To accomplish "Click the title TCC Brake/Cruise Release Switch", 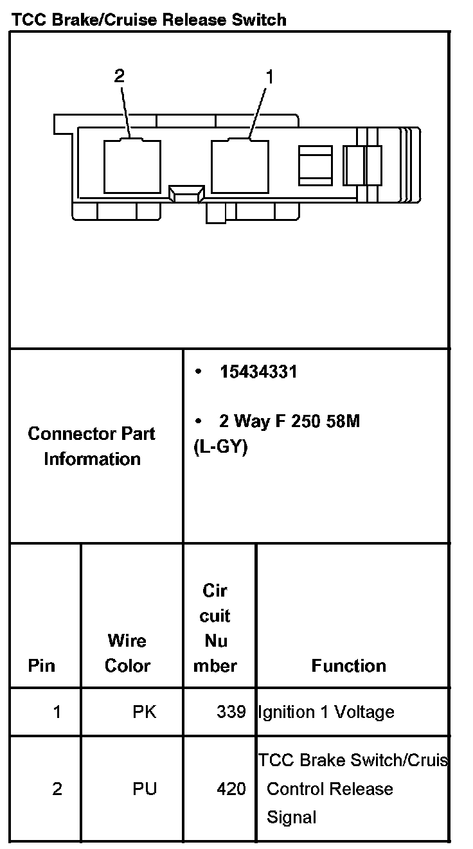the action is pyautogui.click(x=148, y=20).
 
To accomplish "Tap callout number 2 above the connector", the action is pyautogui.click(x=119, y=76).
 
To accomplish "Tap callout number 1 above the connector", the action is pyautogui.click(x=269, y=77).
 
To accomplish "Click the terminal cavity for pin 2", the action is pyautogui.click(x=132, y=166).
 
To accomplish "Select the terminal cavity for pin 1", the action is pyautogui.click(x=240, y=166).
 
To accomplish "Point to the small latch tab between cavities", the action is pyautogui.click(x=186, y=193).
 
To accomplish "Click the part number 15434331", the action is pyautogui.click(x=258, y=372).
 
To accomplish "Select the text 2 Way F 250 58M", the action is pyautogui.click(x=289, y=421).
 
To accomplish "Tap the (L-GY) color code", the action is pyautogui.click(x=220, y=447).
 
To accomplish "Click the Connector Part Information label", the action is pyautogui.click(x=92, y=446).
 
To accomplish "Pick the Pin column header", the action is pyautogui.click(x=42, y=665).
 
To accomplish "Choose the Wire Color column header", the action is pyautogui.click(x=127, y=653).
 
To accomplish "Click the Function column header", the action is pyautogui.click(x=348, y=665).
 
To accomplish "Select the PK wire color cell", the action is pyautogui.click(x=144, y=712).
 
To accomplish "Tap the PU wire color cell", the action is pyautogui.click(x=145, y=789).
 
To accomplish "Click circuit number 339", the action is pyautogui.click(x=231, y=712).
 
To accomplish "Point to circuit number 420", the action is pyautogui.click(x=231, y=789).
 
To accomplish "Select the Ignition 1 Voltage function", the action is pyautogui.click(x=326, y=712).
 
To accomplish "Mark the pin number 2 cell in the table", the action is pyautogui.click(x=57, y=789).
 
